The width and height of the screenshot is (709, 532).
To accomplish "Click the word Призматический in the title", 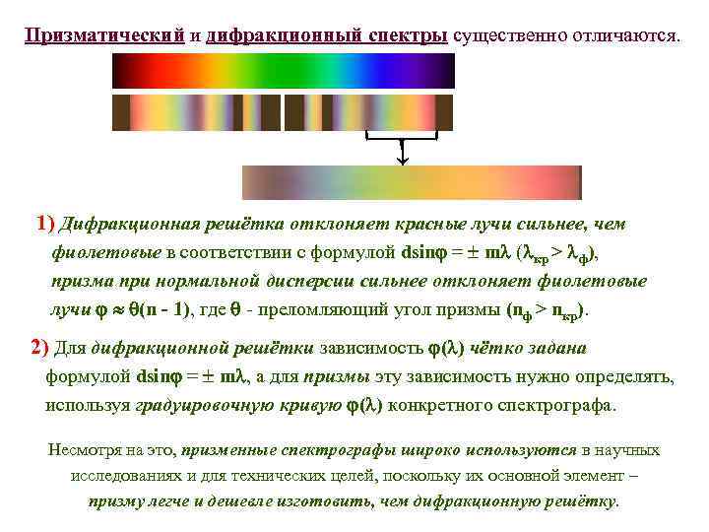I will (x=105, y=35).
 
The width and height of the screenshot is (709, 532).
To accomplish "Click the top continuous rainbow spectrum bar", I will (x=284, y=72).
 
